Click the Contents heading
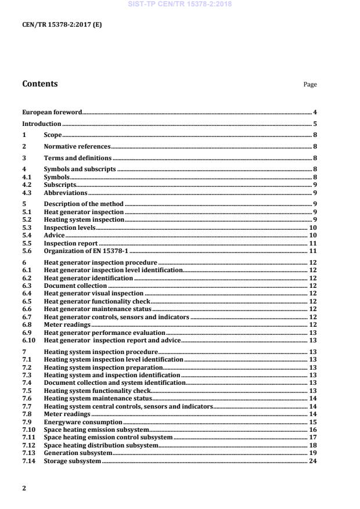tap(39, 84)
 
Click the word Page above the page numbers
tap(310, 85)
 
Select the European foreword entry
tap(52, 112)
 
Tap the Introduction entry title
tap(41, 124)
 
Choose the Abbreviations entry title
tap(66, 192)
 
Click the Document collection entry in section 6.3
tap(75, 286)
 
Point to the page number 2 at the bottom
tap(24, 488)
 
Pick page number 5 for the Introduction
tap(315, 124)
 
